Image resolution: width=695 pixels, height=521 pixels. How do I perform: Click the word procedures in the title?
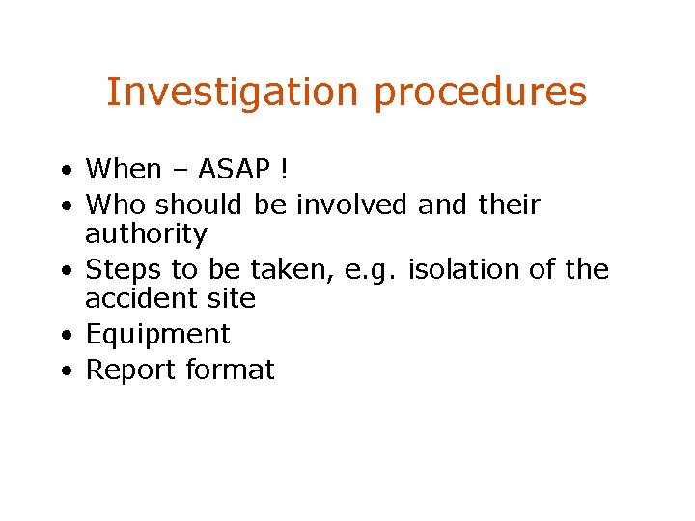click(480, 93)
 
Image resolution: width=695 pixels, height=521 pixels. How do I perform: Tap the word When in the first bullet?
click(124, 169)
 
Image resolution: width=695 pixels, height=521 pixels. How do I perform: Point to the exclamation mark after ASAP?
click(283, 169)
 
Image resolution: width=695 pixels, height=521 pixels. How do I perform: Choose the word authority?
click(146, 234)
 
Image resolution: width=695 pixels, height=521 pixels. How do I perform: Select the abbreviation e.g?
click(367, 269)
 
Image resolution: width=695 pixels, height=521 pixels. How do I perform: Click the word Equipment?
click(157, 335)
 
